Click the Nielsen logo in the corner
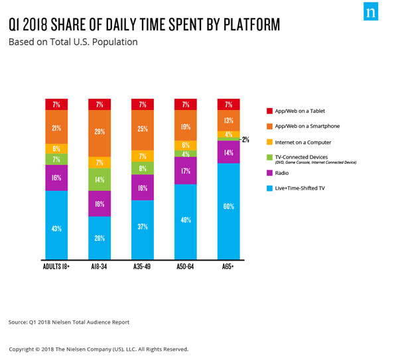coord(372,15)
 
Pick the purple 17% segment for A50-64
coord(185,170)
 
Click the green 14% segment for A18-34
coord(99,179)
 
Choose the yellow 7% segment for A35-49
coord(142,156)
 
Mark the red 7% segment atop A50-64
coord(185,104)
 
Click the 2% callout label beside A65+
coord(246,139)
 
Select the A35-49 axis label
coord(142,267)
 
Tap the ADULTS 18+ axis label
coord(56,267)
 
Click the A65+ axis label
coord(228,267)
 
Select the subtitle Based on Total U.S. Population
coord(72,42)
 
